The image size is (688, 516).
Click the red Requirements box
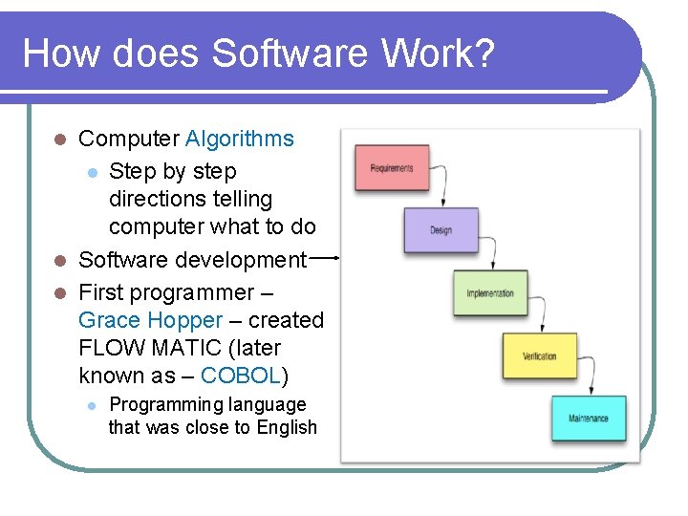(x=391, y=168)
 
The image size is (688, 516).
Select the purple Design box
(x=441, y=230)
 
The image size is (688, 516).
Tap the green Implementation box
(x=489, y=293)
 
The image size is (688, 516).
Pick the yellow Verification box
(x=539, y=356)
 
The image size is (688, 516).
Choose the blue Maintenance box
(x=589, y=419)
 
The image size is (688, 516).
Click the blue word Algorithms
(x=240, y=139)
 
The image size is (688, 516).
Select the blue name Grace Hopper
(x=150, y=320)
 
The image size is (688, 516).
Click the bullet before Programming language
(x=92, y=406)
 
